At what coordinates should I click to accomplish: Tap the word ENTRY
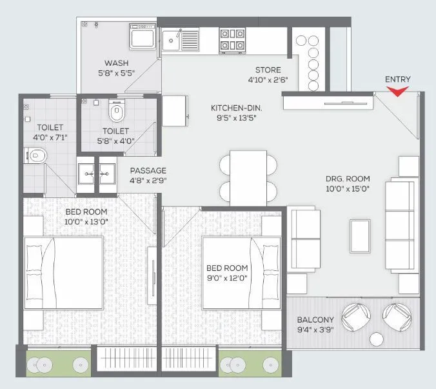point(397,79)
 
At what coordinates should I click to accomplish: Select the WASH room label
point(116,63)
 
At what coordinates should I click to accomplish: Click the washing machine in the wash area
point(142,37)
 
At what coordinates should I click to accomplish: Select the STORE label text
point(268,70)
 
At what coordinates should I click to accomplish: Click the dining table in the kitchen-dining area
point(248,175)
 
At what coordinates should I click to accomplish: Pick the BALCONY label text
point(315,319)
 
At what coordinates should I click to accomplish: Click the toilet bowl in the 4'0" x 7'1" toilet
point(37,155)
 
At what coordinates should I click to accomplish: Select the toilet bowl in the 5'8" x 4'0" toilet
point(117,114)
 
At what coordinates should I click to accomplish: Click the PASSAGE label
point(148,170)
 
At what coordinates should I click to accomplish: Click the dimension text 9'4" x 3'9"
point(315,330)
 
